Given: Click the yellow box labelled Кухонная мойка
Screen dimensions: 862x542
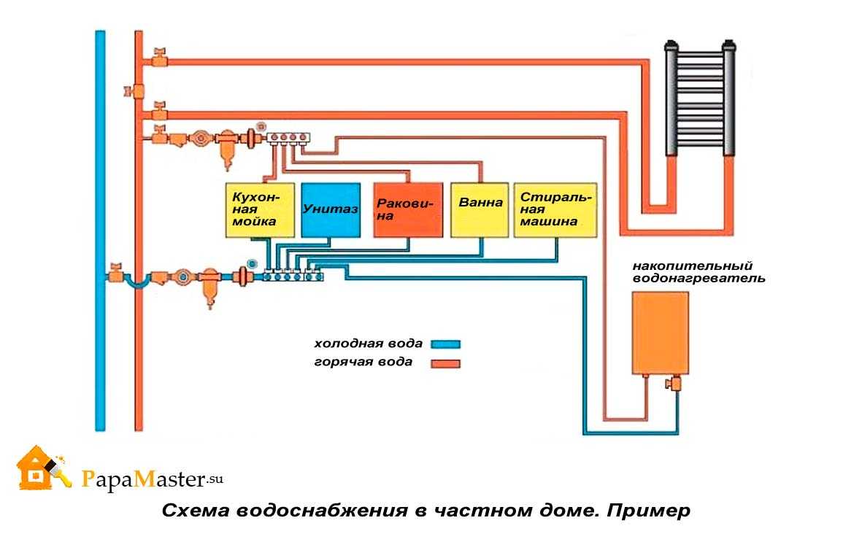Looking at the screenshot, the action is pos(260,210).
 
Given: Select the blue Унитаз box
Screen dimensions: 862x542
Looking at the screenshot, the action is pos(331,210).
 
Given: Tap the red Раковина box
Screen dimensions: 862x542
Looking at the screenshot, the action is pos(408,210).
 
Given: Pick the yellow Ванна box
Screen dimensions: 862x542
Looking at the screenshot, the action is pos(480,210).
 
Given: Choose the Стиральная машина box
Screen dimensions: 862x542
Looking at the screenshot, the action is pos(555,210).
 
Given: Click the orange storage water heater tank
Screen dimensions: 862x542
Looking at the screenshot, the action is pos(661,333).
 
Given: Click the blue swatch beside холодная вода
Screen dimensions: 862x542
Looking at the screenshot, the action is pos(445,344).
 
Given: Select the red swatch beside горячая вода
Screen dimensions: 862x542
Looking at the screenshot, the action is pos(445,363).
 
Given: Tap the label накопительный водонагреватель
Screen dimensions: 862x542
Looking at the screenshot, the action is pos(699,272).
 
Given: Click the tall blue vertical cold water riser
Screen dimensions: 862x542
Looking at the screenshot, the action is pos(100,231).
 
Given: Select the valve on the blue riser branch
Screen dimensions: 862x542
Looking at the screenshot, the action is pos(115,273).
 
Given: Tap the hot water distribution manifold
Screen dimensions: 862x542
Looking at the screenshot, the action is pos(288,138).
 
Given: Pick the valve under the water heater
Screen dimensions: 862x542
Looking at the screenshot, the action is pos(674,382).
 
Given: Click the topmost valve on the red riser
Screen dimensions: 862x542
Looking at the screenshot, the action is pos(159,57).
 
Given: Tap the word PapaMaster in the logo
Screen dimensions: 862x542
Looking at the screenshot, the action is pos(144,479).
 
